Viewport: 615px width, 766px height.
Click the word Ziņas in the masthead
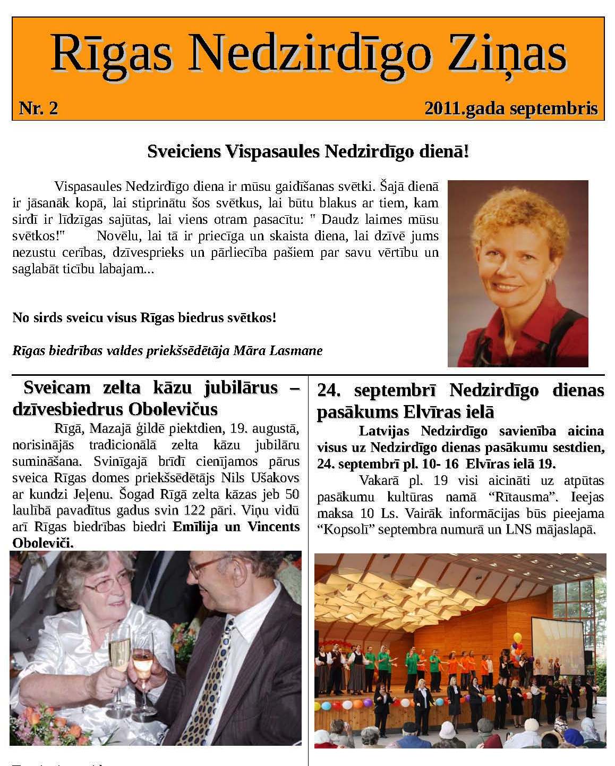507,54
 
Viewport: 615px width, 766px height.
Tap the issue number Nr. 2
38,108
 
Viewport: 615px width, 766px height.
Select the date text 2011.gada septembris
511,108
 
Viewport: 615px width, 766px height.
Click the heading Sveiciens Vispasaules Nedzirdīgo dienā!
308,152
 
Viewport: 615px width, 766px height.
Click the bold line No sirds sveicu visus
144,318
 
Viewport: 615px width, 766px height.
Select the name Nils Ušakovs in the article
260,477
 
